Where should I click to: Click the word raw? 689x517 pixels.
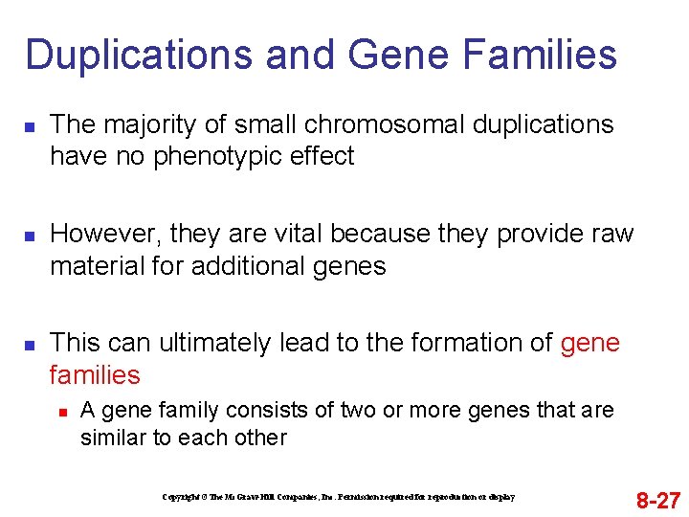[x=613, y=235]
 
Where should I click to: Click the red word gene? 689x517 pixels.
[x=590, y=343]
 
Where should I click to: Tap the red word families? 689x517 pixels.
[x=95, y=375]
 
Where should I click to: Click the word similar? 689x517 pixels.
[x=114, y=438]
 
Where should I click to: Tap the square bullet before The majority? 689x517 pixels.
[x=31, y=126]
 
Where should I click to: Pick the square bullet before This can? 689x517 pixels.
[x=31, y=344]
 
